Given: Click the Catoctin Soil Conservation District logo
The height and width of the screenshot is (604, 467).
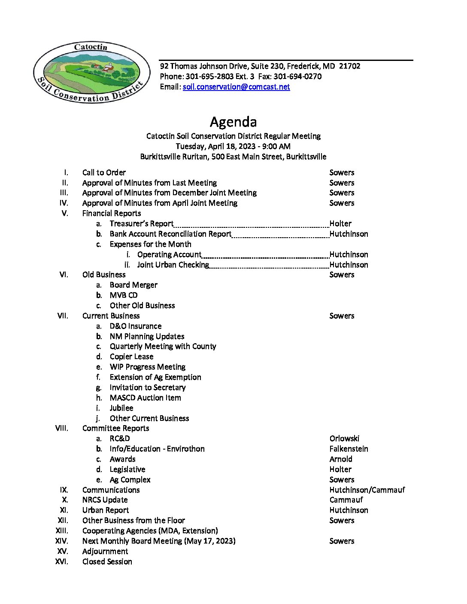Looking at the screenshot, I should click(x=91, y=73).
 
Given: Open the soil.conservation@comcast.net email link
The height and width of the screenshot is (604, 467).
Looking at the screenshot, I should click(x=236, y=87).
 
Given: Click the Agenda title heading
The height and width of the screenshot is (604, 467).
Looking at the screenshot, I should click(x=233, y=122).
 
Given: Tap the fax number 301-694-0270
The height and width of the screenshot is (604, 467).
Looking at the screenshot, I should click(x=297, y=76).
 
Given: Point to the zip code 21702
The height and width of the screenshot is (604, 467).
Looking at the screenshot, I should click(x=349, y=66).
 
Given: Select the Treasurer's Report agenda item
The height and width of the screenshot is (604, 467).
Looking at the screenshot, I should click(x=141, y=223).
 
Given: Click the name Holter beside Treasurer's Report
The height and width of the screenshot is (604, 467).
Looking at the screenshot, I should click(x=340, y=223).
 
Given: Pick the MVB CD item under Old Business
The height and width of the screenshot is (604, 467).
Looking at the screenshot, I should click(x=124, y=295).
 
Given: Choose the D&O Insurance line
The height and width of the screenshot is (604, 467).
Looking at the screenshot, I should click(x=136, y=326).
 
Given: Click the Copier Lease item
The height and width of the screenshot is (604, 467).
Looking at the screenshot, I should click(x=131, y=356).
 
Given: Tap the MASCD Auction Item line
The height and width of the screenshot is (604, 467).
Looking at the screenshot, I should click(x=145, y=398).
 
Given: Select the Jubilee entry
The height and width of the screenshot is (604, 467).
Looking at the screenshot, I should click(x=121, y=408).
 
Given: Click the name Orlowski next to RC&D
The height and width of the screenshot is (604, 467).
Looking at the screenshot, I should click(x=344, y=438).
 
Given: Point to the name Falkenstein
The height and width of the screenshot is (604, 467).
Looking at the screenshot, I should click(x=349, y=449).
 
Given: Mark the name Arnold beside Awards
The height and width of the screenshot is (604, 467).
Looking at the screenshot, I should click(x=341, y=459).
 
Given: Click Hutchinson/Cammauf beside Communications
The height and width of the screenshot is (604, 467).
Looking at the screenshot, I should click(x=367, y=490).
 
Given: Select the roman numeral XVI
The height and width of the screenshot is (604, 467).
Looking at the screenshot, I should click(x=62, y=562).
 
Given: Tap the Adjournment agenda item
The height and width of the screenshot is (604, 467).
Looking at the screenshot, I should click(x=105, y=551).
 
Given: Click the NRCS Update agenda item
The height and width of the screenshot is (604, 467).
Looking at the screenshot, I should click(x=105, y=500).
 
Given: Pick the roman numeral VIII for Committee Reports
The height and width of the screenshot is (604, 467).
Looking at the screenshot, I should click(x=62, y=428).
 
